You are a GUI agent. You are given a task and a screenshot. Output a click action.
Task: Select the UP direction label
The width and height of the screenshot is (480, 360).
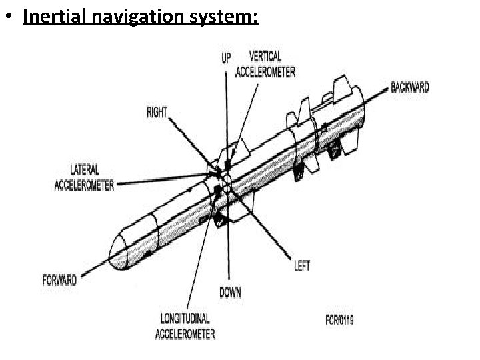pyautogui.click(x=226, y=58)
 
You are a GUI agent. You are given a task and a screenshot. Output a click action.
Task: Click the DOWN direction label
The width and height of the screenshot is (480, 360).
pyautogui.click(x=230, y=292)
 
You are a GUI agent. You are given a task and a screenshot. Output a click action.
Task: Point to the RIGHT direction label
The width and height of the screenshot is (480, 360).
pyautogui.click(x=157, y=113)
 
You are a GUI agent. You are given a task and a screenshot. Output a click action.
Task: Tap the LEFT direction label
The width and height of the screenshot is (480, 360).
pyautogui.click(x=301, y=266)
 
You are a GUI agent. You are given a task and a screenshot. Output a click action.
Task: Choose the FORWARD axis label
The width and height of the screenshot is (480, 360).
pyautogui.click(x=59, y=280)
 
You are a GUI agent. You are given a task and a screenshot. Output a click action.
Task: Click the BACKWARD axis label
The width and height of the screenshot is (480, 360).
pyautogui.click(x=409, y=87)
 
